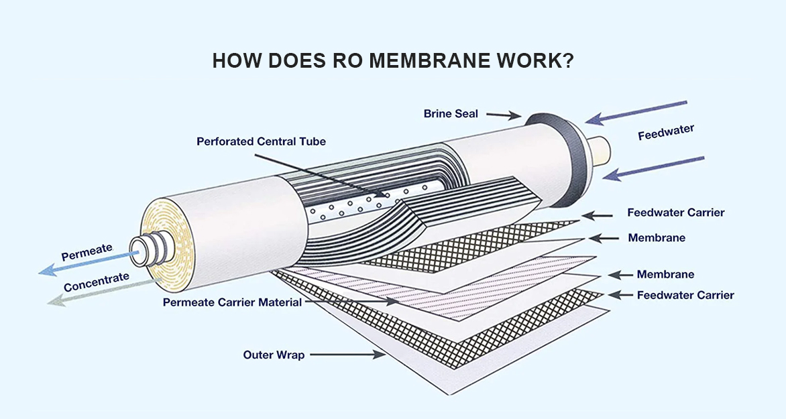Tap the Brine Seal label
pyautogui.click(x=451, y=114)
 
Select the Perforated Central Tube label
pyautogui.click(x=261, y=141)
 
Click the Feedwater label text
pyautogui.click(x=666, y=132)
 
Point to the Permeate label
pyautogui.click(x=87, y=252)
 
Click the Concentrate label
pyautogui.click(x=97, y=282)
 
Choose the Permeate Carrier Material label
pyautogui.click(x=232, y=302)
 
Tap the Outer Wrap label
pyautogui.click(x=274, y=355)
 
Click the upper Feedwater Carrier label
pyautogui.click(x=676, y=213)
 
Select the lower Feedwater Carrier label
pyautogui.click(x=685, y=295)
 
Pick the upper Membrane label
pyautogui.click(x=657, y=238)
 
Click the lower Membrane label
pyautogui.click(x=665, y=274)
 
